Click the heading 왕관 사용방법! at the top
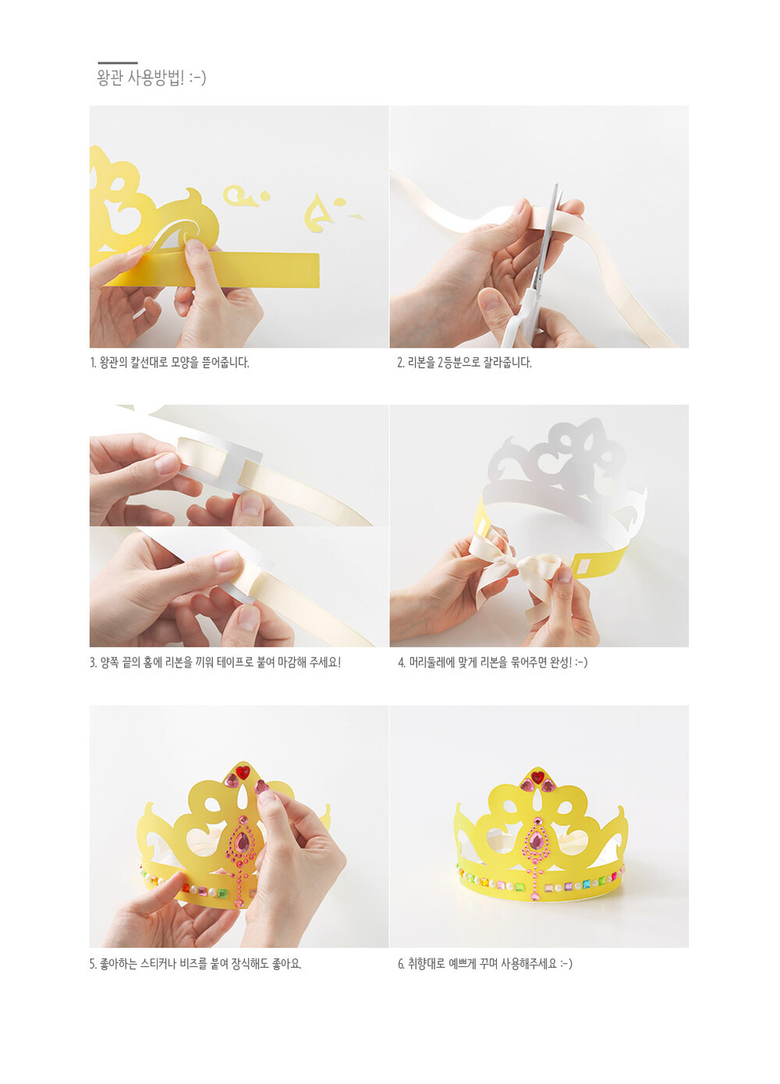[x=151, y=77]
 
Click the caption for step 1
[x=169, y=363]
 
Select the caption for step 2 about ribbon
[x=465, y=363]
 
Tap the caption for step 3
[x=215, y=663]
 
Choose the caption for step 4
[x=493, y=663]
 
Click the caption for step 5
[x=196, y=964]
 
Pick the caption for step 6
[x=485, y=964]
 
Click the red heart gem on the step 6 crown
[x=537, y=778]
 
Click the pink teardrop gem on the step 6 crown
[x=536, y=841]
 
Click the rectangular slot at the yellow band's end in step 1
[x=304, y=270]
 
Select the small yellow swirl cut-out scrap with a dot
[x=245, y=196]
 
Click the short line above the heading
[x=118, y=63]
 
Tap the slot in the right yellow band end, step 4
[x=584, y=566]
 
